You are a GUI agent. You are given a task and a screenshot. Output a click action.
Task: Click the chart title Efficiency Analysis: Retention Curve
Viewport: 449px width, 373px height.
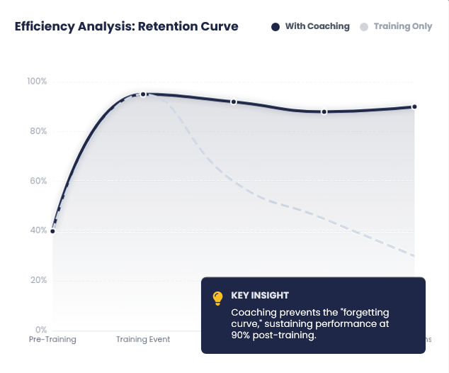[127, 26]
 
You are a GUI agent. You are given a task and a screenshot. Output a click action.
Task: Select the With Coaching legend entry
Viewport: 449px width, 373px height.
[317, 26]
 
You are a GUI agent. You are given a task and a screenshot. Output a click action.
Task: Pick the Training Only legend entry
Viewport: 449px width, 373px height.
[402, 26]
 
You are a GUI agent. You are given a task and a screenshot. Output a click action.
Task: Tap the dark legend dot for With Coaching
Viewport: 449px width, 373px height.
[275, 27]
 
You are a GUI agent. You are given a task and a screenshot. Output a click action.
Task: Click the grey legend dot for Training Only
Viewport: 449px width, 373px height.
[364, 27]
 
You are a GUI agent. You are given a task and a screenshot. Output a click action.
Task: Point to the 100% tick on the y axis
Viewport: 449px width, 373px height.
[37, 82]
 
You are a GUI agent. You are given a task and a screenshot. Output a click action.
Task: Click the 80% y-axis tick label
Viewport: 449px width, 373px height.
[38, 131]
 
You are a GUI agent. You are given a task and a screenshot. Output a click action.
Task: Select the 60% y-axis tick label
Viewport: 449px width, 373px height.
[38, 181]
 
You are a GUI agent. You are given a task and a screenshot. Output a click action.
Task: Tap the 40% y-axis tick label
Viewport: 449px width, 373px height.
[38, 230]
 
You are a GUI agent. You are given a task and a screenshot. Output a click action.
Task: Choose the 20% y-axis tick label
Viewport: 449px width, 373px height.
[38, 280]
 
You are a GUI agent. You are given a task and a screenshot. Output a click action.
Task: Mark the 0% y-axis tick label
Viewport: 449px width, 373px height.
[40, 330]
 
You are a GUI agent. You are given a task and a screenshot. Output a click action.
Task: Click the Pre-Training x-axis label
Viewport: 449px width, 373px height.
[52, 340]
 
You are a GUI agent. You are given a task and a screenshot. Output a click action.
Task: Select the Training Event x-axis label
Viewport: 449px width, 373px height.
[143, 340]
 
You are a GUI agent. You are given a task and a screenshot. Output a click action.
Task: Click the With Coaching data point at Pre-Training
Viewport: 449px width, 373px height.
[52, 231]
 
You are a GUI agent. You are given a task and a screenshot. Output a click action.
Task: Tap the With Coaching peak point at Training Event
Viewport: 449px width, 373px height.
[143, 94]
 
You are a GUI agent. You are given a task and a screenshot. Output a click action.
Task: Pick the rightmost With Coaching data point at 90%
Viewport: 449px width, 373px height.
[414, 107]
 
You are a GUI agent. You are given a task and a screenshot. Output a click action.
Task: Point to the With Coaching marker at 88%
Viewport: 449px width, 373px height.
[324, 112]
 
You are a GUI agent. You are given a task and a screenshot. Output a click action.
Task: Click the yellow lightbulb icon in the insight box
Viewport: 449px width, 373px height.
[218, 299]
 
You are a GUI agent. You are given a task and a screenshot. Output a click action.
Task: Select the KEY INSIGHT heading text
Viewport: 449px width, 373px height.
[260, 296]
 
